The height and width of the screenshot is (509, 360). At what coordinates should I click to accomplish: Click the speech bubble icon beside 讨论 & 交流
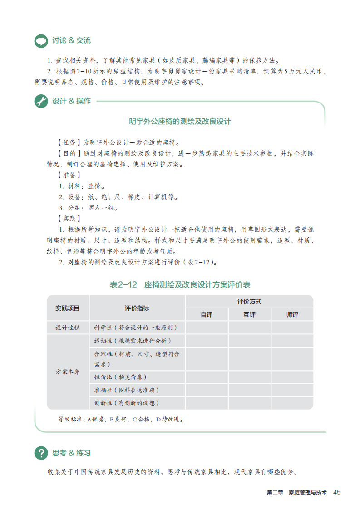tap(41, 41)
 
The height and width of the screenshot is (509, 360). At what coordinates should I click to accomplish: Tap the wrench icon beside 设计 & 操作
tap(41, 101)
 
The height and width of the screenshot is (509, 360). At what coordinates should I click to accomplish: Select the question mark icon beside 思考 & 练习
tap(41, 453)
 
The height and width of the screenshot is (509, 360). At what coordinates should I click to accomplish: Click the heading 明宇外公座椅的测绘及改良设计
tap(180, 122)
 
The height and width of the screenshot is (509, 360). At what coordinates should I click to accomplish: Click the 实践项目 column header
tap(68, 308)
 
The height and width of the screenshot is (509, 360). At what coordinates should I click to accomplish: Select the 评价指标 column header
tap(137, 308)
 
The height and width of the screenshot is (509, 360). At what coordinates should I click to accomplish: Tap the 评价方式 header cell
tap(249, 301)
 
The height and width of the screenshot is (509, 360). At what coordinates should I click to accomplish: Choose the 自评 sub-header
tap(207, 314)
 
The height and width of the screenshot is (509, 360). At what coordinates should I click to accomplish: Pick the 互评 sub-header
tap(249, 314)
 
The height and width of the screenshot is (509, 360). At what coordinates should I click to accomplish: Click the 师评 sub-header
tap(292, 314)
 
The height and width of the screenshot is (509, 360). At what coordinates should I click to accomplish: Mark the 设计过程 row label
tap(68, 328)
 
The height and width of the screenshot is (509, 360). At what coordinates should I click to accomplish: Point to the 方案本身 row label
tap(68, 372)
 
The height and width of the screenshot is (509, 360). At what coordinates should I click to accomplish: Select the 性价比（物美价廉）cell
tap(120, 377)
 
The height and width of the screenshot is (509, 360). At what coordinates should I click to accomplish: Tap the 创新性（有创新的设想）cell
tap(127, 403)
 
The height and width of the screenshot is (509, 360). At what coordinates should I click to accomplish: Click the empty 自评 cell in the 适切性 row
tap(207, 341)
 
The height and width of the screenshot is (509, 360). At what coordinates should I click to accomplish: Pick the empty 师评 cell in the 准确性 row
tap(292, 390)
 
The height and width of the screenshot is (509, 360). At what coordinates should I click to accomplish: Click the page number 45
tap(336, 493)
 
